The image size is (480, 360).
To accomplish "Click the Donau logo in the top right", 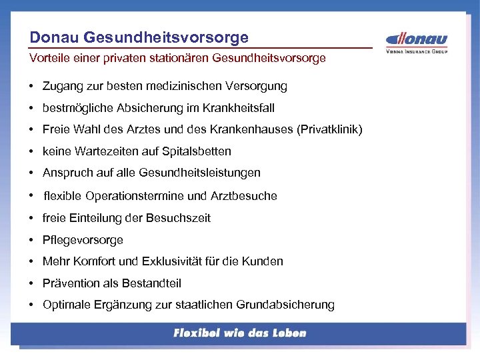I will [x=417, y=39].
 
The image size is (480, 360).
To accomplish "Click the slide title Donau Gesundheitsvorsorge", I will [x=139, y=37].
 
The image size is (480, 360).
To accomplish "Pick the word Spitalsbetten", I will [x=199, y=151].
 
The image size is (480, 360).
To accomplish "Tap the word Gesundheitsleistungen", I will [x=199, y=173].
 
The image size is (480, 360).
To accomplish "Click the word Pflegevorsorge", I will [x=83, y=240].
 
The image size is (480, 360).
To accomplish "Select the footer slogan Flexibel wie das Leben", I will [x=239, y=333].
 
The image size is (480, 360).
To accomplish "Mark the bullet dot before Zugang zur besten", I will [x=32, y=86].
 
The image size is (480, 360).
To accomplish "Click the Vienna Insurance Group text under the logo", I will [x=417, y=51].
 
